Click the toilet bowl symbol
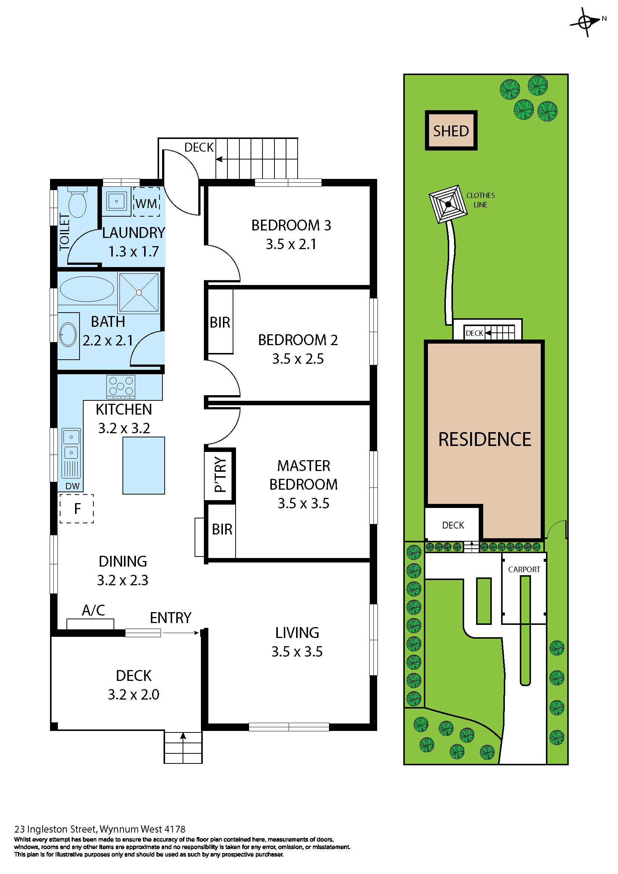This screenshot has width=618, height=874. [x=77, y=202]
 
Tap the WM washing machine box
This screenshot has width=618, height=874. [x=146, y=202]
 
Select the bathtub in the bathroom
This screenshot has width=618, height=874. [x=87, y=289]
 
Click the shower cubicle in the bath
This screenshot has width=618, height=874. [x=139, y=292]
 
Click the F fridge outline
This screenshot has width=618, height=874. [x=77, y=509]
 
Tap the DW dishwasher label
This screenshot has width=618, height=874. [x=72, y=486]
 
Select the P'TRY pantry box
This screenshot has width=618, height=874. [x=220, y=475]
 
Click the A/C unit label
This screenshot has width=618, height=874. [x=93, y=610]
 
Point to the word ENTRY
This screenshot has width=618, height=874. [x=171, y=617]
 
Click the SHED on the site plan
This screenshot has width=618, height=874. [x=451, y=131]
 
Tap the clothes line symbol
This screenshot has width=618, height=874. [x=448, y=204]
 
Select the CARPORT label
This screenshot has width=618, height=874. [x=524, y=570]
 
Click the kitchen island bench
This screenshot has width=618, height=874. [x=143, y=465]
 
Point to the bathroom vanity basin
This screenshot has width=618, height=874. [x=68, y=335]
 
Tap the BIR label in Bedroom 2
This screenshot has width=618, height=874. [x=220, y=322]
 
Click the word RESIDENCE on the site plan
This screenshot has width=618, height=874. [x=484, y=439]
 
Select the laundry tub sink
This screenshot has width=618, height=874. [x=117, y=201]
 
